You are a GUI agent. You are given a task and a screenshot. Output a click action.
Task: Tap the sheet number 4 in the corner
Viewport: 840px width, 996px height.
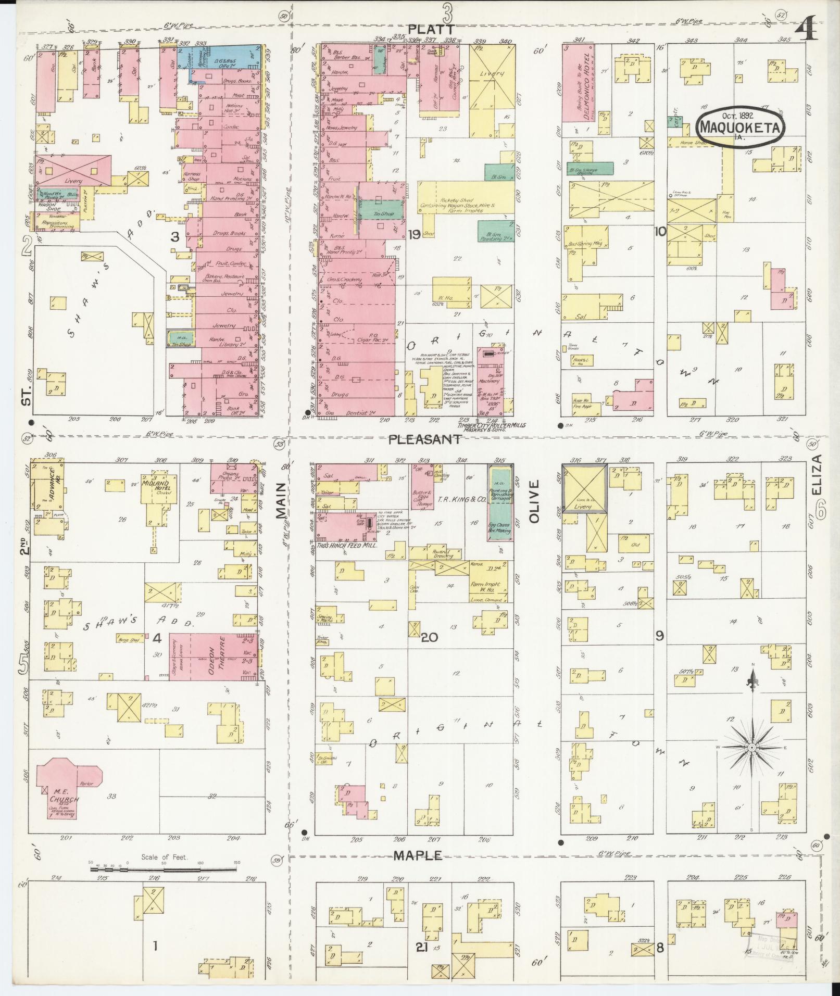[806, 33]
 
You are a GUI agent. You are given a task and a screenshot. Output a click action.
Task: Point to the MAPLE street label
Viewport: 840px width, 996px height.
[418, 855]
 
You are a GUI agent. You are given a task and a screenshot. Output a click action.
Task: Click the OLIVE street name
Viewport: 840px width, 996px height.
[535, 501]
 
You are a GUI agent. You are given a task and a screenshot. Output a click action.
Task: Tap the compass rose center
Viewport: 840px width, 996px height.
[751, 748]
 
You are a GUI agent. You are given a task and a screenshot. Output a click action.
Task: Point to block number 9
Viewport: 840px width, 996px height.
[659, 635]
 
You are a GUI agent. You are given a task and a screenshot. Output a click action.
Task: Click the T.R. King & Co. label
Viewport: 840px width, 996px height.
[455, 499]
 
